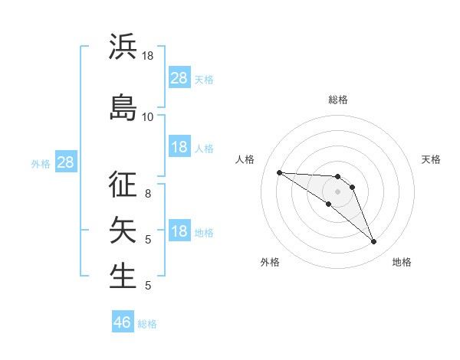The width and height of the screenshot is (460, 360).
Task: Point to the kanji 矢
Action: [123, 229]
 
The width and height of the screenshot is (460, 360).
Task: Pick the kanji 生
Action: [123, 276]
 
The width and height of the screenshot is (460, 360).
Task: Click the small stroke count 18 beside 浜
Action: [148, 56]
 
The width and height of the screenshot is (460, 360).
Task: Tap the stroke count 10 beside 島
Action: [148, 116]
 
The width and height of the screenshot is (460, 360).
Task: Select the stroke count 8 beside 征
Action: [148, 194]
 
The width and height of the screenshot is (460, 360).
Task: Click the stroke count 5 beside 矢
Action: [148, 239]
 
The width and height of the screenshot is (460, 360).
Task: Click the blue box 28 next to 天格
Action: [179, 78]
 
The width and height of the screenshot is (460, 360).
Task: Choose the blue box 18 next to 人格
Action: [179, 147]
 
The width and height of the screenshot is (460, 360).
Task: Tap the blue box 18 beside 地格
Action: [179, 232]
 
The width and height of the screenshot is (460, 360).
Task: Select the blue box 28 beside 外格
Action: [65, 162]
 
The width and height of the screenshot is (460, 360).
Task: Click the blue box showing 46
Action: [122, 322]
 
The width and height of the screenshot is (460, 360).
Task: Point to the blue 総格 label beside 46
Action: [147, 324]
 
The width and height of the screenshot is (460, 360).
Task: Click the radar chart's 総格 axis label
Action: [337, 100]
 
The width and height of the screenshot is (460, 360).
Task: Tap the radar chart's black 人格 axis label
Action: [245, 159]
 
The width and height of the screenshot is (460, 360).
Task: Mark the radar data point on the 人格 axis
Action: [279, 172]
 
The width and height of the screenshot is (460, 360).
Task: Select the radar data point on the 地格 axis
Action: [373, 242]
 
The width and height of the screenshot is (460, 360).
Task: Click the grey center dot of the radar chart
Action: [337, 191]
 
